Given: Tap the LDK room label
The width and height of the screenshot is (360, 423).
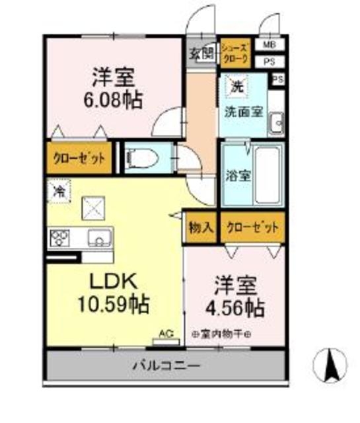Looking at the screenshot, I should [x=113, y=281].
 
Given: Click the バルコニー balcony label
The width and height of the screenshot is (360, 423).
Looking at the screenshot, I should [x=166, y=364].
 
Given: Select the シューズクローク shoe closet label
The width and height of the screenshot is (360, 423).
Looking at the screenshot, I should [x=234, y=52].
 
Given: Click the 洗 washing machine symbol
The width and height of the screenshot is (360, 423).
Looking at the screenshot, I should [x=235, y=85].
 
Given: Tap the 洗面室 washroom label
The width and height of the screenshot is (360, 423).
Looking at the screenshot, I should [x=244, y=111].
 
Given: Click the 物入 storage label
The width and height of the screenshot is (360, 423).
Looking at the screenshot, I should [x=201, y=227].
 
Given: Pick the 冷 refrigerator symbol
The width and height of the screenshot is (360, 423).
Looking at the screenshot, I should [x=58, y=192].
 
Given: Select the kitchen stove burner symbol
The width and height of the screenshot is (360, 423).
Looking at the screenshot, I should [x=58, y=236].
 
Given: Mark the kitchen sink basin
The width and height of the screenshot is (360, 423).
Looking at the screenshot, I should [x=98, y=236].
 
